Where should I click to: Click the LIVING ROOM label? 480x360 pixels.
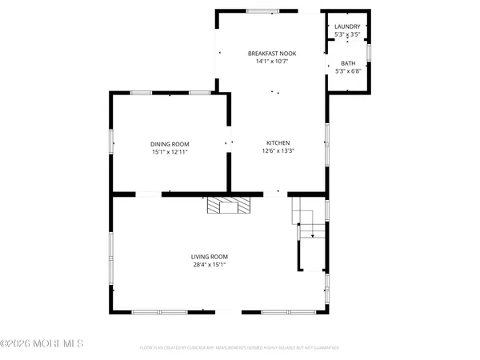[x=209, y=257]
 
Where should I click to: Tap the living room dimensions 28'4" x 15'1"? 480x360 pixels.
[x=209, y=265]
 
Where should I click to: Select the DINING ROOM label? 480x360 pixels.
[x=170, y=144]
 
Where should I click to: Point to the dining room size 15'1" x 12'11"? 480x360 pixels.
[x=170, y=152]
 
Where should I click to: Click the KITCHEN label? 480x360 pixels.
[x=278, y=143]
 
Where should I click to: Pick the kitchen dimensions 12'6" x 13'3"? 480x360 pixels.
[x=278, y=151]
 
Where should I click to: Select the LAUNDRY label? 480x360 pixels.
[x=347, y=26]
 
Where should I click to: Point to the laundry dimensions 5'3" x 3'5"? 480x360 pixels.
[x=347, y=34]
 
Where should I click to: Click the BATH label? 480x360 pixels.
[x=348, y=63]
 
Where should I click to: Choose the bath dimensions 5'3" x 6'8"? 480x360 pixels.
[x=348, y=70]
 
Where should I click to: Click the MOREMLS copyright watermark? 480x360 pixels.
[x=42, y=344]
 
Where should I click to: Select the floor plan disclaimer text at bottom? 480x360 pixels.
[x=239, y=348]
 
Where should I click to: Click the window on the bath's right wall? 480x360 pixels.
[x=369, y=52]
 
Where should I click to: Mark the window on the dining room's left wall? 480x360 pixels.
[x=111, y=144]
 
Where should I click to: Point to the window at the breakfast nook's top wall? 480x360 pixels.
[x=258, y=11]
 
